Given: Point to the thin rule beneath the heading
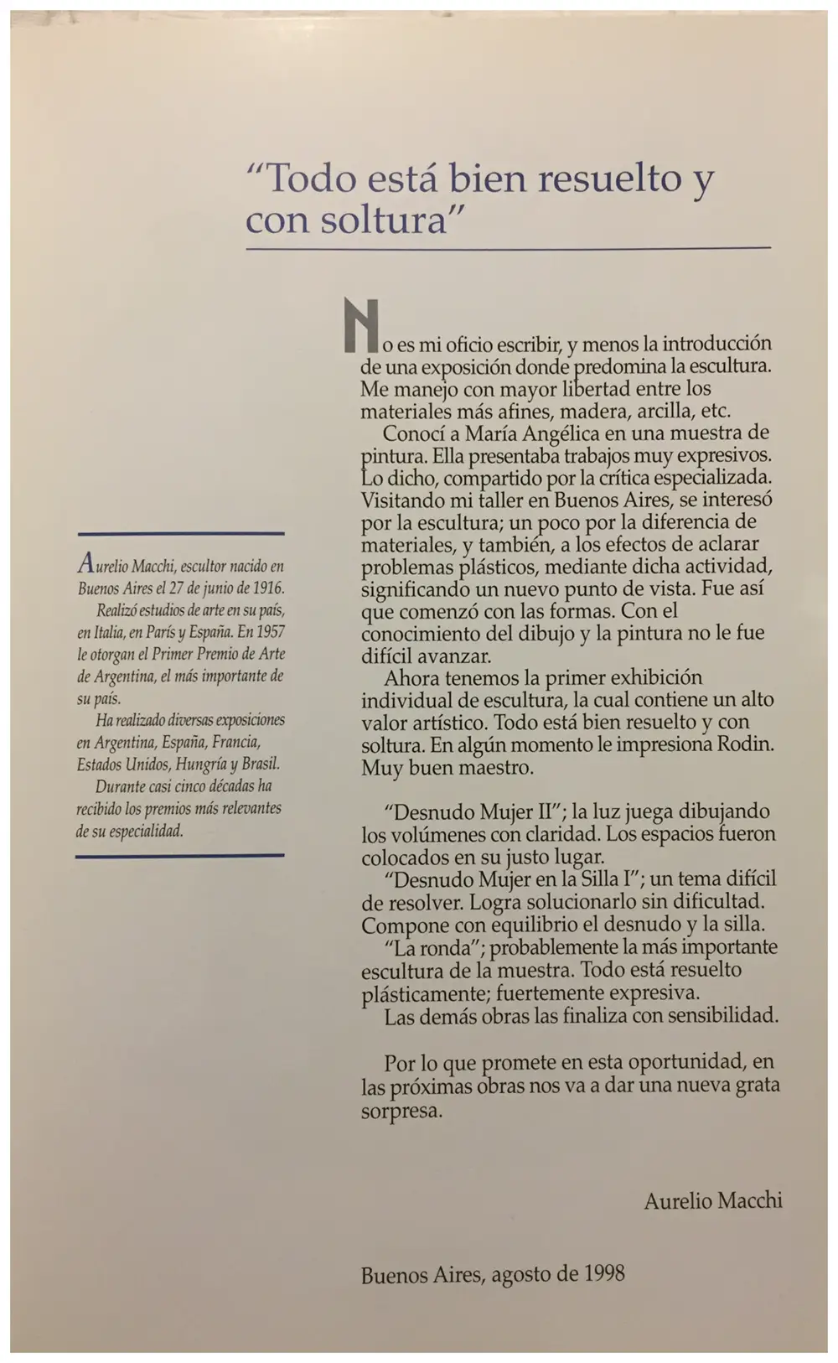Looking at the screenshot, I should (x=508, y=248).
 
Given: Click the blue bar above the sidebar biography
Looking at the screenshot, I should (x=180, y=533).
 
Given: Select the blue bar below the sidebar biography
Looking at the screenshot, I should (x=180, y=856).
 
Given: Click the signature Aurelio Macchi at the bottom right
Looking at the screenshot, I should (x=712, y=1201).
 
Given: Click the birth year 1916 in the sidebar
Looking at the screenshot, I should (x=266, y=588).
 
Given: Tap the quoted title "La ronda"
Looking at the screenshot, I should (x=423, y=947).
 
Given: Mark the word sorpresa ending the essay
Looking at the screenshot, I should (x=401, y=1112).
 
